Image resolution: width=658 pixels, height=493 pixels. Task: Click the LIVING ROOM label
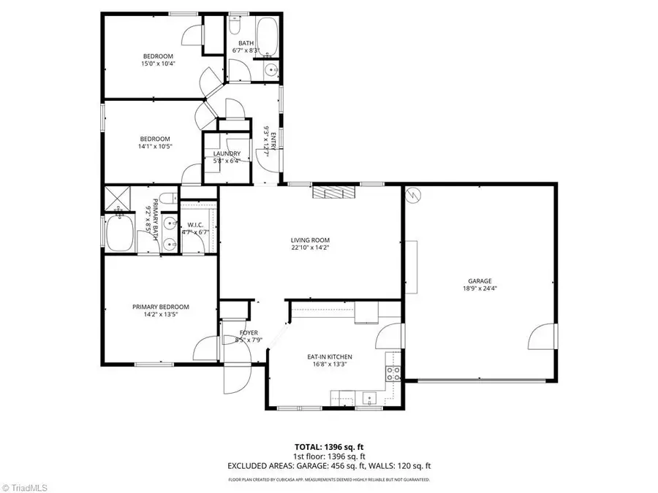click(x=311, y=240)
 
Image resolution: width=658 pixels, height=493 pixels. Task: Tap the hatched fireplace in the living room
click(x=333, y=191)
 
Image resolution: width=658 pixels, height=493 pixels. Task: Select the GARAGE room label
click(x=480, y=280)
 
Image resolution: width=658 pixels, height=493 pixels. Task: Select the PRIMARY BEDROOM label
click(x=160, y=307)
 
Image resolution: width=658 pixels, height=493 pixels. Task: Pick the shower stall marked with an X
click(x=116, y=196)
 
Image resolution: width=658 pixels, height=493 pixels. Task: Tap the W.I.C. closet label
click(x=194, y=224)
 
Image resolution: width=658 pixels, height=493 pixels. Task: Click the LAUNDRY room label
click(x=227, y=153)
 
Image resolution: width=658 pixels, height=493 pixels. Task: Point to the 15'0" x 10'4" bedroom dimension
click(x=159, y=64)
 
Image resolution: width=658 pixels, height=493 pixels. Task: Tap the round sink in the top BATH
click(x=271, y=71)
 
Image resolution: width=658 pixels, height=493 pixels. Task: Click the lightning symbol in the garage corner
click(x=414, y=195)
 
